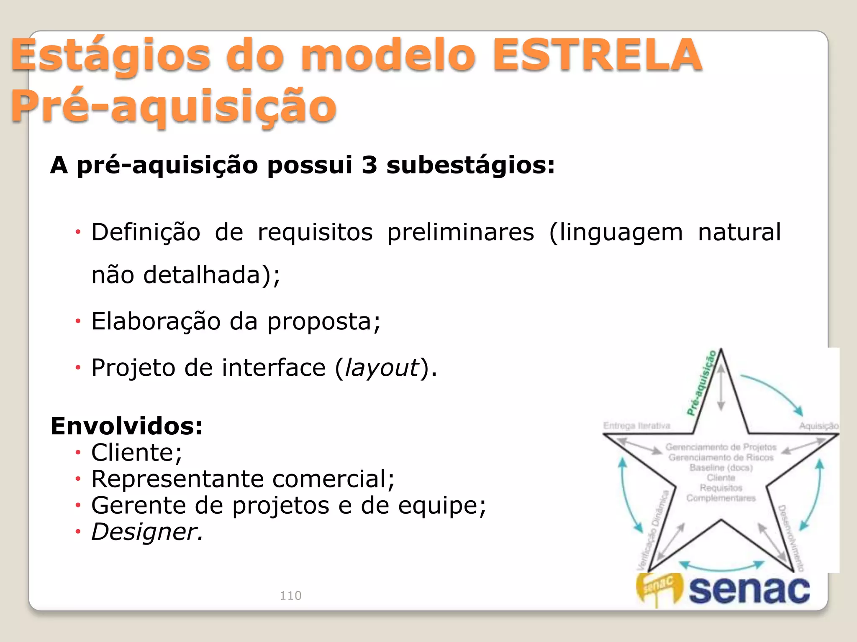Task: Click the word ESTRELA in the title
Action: click(x=597, y=55)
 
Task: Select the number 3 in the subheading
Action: click(x=369, y=165)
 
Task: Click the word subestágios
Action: click(x=470, y=166)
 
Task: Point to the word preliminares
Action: click(x=460, y=232)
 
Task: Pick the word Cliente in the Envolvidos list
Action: click(x=136, y=453)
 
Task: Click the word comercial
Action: click(x=333, y=479)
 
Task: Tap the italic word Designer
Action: click(x=147, y=532)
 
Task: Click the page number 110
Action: click(x=290, y=595)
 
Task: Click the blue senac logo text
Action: click(x=749, y=590)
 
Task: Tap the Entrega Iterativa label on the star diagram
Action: click(x=636, y=426)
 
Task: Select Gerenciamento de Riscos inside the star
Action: click(x=721, y=458)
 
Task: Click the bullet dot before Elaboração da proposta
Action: click(x=77, y=321)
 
